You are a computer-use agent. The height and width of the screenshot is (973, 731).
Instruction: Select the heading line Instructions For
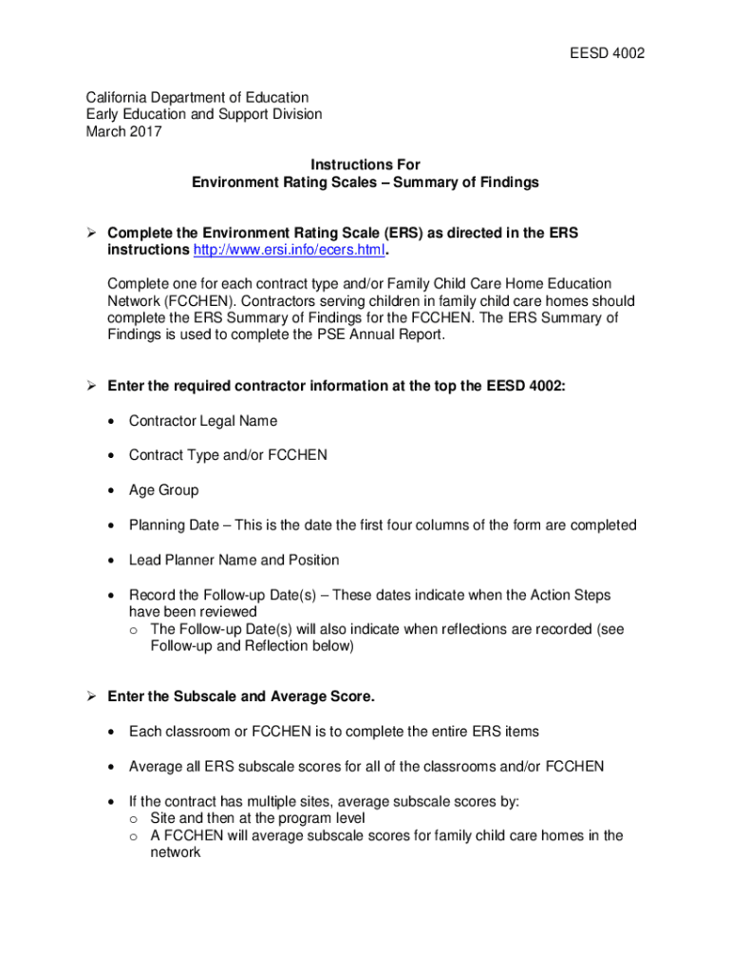365,165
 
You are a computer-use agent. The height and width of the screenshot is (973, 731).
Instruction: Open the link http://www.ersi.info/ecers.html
290,250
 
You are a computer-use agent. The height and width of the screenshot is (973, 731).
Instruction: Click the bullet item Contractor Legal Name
203,421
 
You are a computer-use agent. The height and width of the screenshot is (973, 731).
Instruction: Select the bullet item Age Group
164,490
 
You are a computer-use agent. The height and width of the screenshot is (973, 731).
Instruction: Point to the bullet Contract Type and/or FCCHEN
228,455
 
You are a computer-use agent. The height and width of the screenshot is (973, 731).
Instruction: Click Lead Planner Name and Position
234,560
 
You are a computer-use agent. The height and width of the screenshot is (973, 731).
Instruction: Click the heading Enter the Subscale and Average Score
241,697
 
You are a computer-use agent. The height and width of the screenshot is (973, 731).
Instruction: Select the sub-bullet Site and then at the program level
258,818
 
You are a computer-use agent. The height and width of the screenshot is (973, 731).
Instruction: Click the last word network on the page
176,852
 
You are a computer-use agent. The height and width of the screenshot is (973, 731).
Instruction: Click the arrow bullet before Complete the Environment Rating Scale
91,233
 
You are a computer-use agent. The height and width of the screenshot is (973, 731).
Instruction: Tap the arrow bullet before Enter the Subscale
91,697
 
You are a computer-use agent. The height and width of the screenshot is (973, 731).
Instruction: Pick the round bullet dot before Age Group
113,491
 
